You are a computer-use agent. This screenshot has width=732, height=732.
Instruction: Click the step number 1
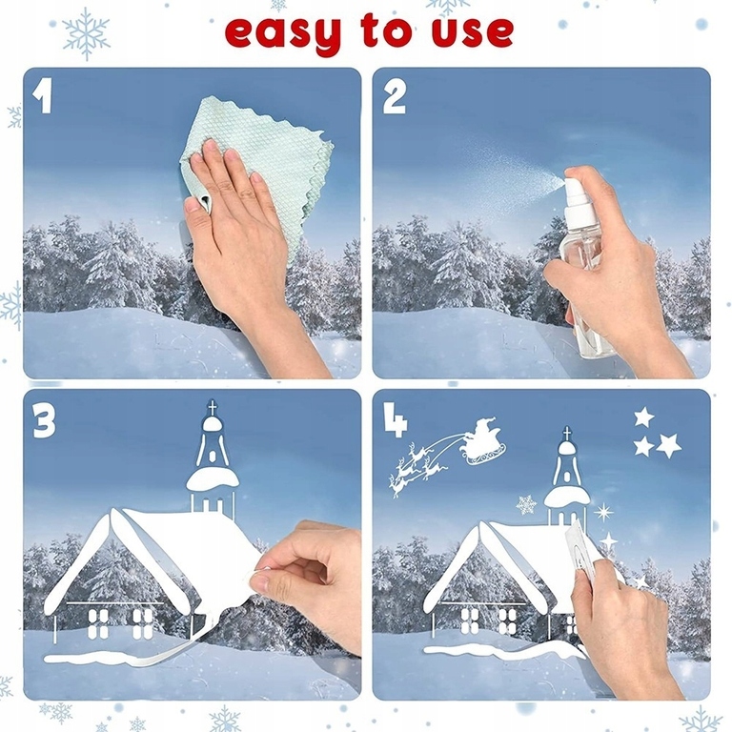(x=43, y=96)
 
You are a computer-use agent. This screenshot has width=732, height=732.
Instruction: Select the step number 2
(x=394, y=96)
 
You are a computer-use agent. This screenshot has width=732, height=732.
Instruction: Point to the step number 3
(x=44, y=420)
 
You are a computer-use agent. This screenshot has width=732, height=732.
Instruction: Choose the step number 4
(x=395, y=420)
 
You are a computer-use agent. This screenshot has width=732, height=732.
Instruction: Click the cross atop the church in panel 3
(x=213, y=407)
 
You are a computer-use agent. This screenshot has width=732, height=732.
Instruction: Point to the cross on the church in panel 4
(x=567, y=434)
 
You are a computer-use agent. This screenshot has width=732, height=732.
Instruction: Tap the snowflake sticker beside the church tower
(x=526, y=505)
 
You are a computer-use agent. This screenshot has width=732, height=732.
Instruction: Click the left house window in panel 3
(x=98, y=623)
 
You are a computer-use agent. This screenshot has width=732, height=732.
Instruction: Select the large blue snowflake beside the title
(x=87, y=34)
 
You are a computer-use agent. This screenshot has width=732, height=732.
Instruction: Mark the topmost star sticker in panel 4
(x=644, y=417)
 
